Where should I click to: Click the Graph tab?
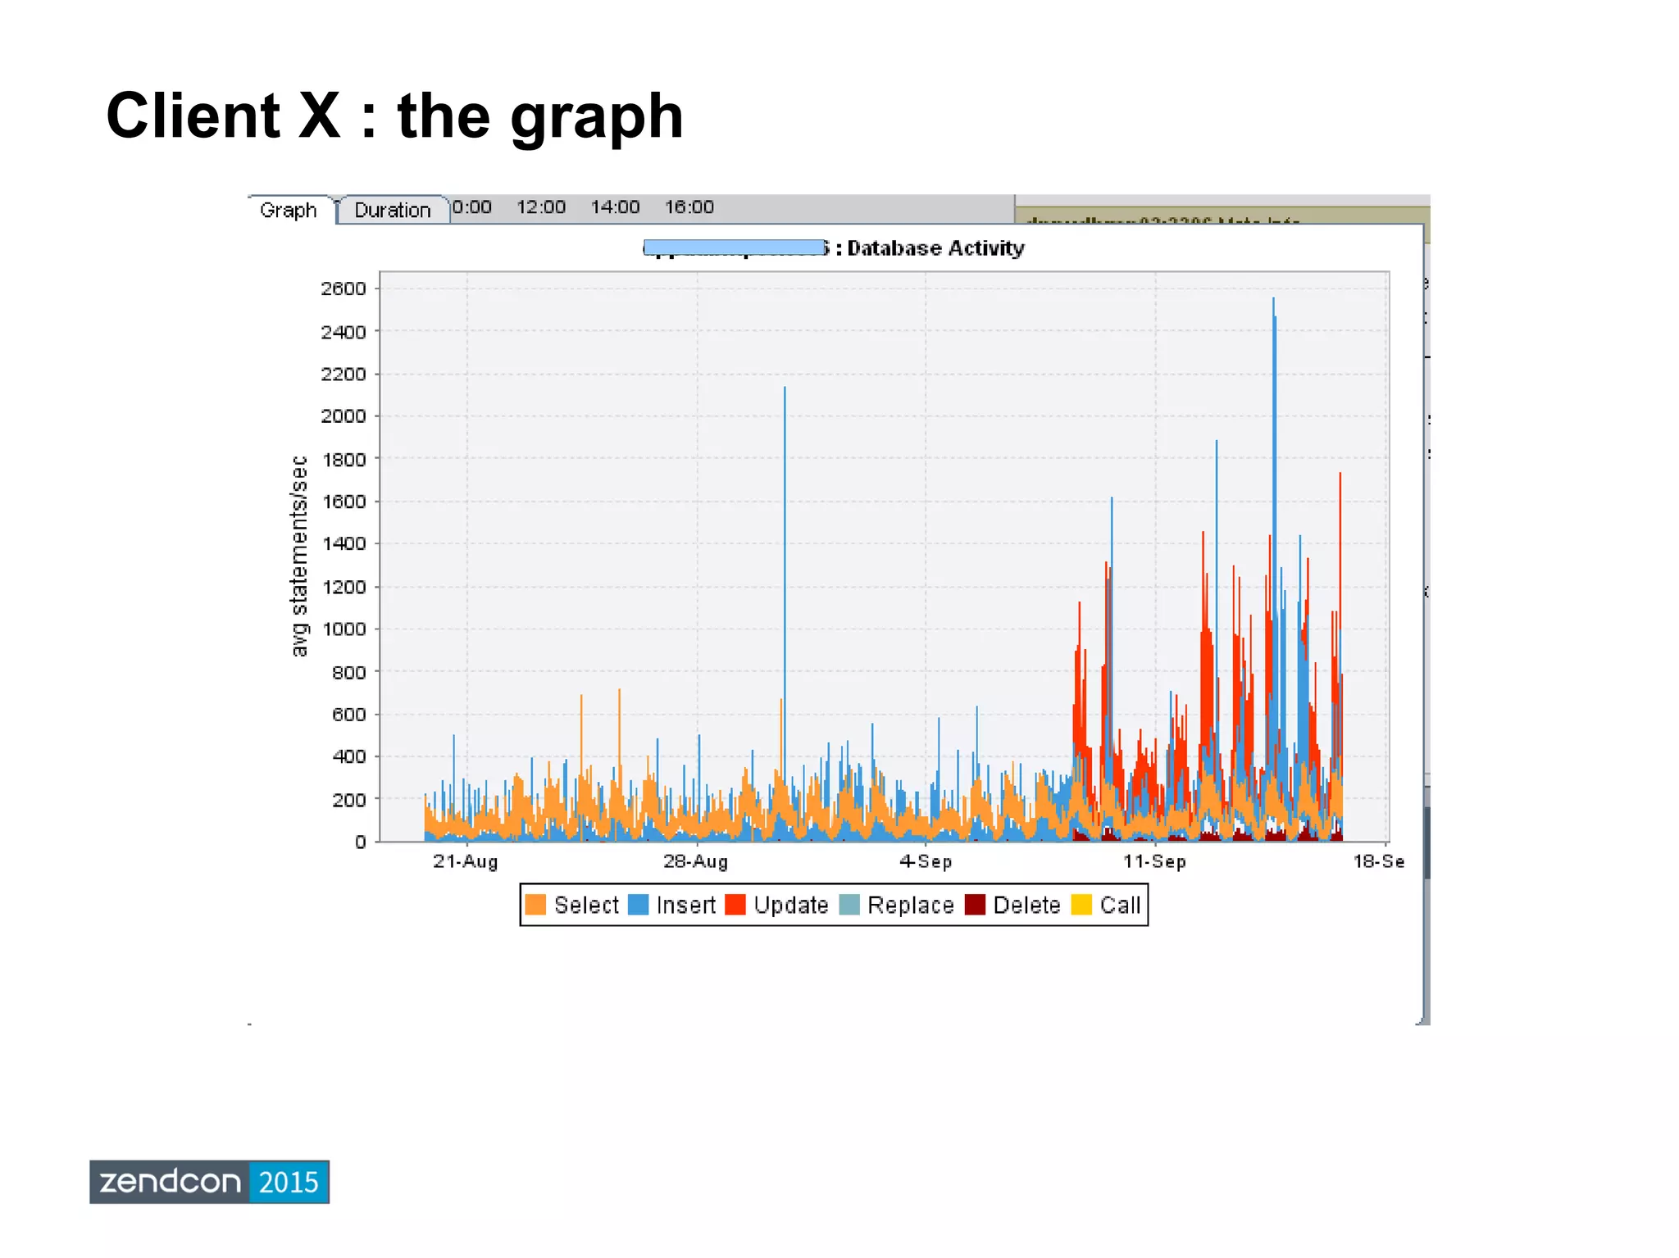point(288,210)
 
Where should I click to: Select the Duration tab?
point(392,210)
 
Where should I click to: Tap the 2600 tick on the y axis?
point(344,288)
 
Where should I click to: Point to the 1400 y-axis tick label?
point(344,543)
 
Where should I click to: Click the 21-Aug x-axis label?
point(466,861)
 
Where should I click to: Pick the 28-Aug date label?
point(695,861)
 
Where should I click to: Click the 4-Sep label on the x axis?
point(926,861)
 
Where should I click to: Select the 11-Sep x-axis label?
point(1154,861)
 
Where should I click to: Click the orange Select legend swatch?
point(535,905)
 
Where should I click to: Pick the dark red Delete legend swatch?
point(975,905)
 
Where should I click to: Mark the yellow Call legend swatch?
point(1081,905)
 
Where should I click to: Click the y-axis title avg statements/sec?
point(299,556)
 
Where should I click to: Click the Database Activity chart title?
point(935,248)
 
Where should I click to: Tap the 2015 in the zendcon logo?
point(289,1182)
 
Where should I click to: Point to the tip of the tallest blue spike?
point(1273,299)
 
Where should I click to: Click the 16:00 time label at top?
point(689,207)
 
